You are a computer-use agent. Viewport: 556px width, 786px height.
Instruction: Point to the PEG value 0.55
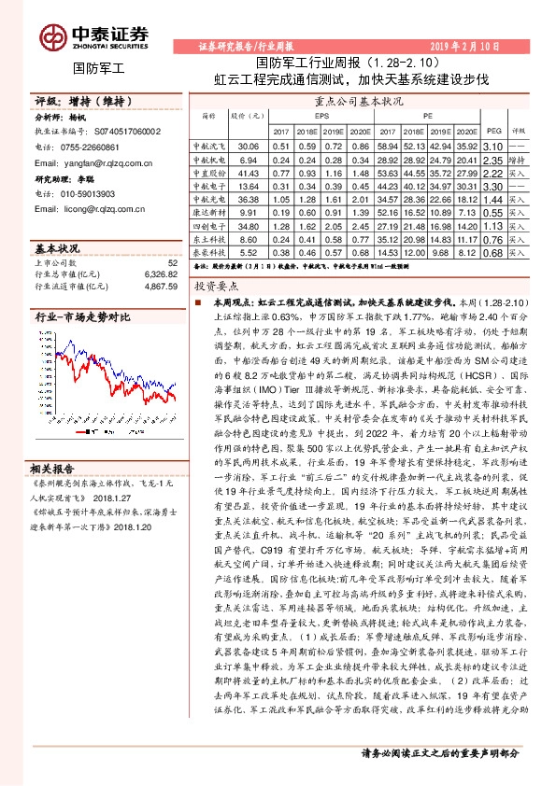pos(494,213)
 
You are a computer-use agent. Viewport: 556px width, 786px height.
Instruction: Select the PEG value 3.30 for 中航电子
pos(494,186)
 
